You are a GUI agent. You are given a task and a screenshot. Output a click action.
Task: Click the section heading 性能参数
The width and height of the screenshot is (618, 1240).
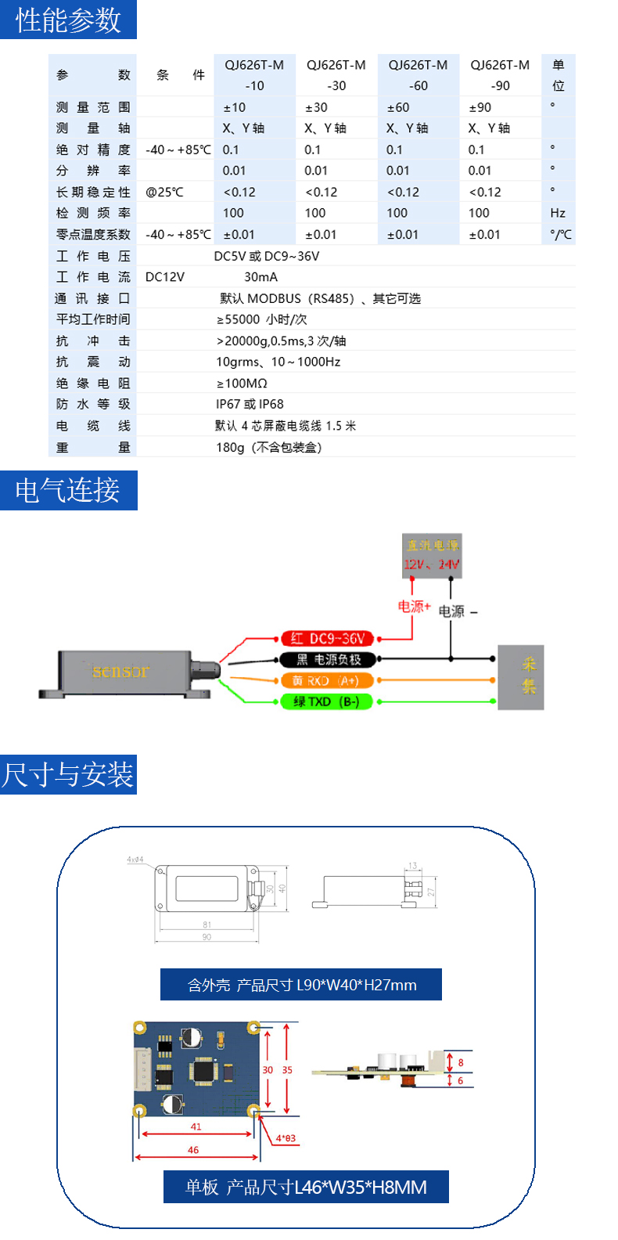pos(68,20)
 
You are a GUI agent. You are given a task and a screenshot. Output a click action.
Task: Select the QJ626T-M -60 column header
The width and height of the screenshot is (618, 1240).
pos(419,75)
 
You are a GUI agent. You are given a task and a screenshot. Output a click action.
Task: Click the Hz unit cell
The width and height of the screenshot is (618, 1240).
pos(558,213)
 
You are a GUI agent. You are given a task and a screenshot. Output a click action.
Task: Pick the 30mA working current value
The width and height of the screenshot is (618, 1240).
pos(260,277)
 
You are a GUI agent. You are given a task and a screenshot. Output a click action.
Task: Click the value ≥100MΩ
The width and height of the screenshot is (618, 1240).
pos(242,384)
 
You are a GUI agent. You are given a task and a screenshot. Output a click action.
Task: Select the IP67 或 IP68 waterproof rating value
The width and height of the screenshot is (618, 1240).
pos(250,404)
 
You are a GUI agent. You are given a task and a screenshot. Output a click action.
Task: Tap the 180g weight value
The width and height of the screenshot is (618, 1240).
pos(268,447)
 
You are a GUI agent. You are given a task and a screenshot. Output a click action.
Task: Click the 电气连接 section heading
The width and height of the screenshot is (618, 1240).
pos(68,490)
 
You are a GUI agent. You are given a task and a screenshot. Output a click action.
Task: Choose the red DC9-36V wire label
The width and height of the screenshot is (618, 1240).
pos(328,639)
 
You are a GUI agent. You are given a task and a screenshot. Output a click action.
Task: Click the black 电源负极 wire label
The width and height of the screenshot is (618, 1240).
pos(328,660)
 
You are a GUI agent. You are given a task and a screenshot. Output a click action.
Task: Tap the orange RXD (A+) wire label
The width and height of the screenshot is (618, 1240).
pos(328,681)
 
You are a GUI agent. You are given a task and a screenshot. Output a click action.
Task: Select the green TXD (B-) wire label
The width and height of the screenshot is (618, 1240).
pos(328,702)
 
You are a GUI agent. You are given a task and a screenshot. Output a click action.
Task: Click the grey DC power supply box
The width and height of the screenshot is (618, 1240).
pos(432,555)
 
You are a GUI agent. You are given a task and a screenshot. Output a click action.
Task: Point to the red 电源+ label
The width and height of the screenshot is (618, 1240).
pos(414,607)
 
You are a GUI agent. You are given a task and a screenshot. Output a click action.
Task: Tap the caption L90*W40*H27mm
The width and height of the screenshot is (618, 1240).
pos(301,985)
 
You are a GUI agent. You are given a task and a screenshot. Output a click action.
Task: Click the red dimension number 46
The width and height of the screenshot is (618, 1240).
pos(193,1150)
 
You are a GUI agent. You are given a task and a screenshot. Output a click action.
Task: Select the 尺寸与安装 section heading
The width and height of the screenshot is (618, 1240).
pos(68,775)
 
